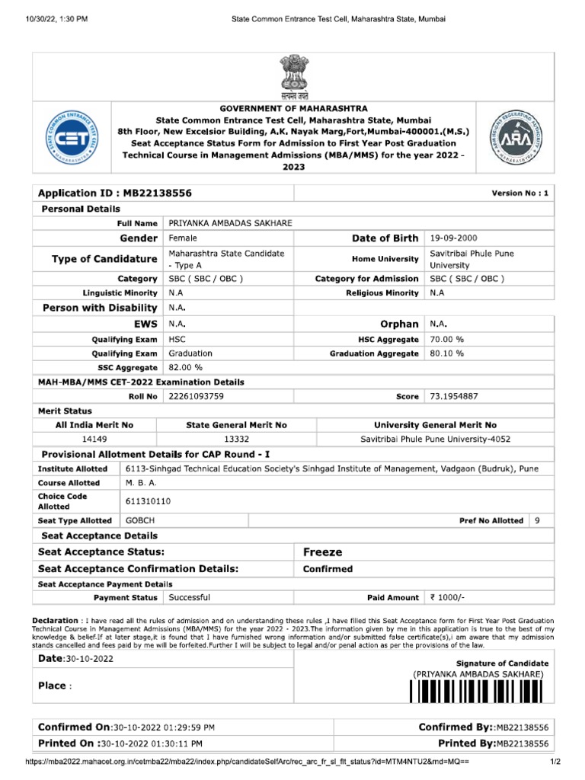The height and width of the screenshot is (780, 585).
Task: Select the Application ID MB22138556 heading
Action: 115,193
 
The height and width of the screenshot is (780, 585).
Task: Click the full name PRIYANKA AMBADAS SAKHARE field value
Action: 230,222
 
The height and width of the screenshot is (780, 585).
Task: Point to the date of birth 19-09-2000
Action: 454,238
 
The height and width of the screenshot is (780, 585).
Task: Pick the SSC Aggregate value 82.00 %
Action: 186,367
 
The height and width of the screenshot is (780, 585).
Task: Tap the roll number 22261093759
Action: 197,396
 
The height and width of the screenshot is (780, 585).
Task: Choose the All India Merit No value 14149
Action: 94,440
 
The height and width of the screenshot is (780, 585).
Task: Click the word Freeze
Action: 323,551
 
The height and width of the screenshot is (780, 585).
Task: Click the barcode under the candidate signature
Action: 478,691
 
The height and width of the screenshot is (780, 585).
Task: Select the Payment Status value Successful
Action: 189,598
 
